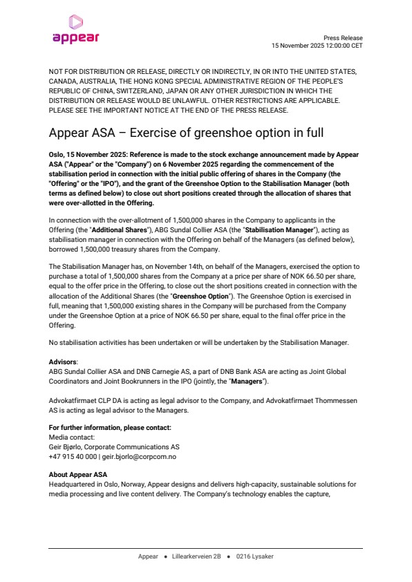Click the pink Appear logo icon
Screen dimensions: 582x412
(x=75, y=22)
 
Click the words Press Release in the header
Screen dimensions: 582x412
(x=343, y=38)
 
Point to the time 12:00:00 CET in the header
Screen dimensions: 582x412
(x=339, y=46)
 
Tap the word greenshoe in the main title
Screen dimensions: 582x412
(x=221, y=132)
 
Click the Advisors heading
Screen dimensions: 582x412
(x=64, y=362)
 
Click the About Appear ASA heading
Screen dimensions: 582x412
(x=78, y=474)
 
